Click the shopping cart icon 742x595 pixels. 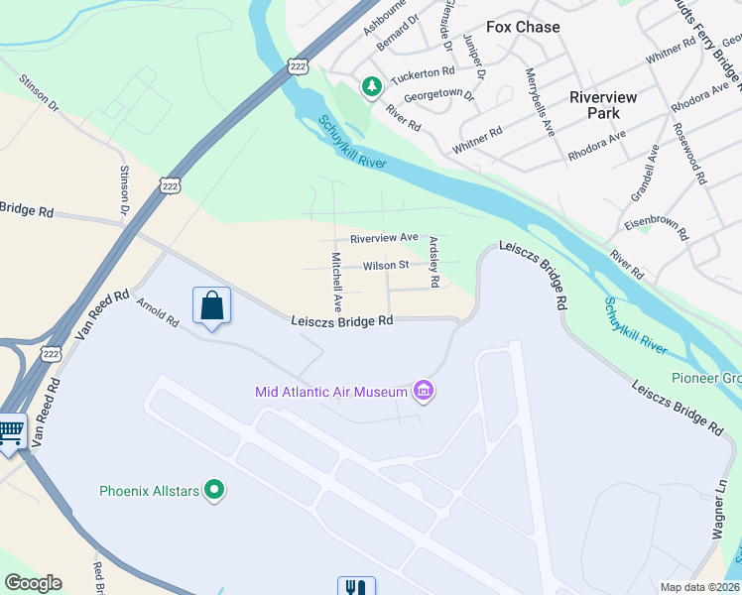pos(10,432)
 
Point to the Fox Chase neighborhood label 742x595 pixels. pos(523,27)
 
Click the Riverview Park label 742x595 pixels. pos(608,105)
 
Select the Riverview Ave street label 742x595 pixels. pos(384,238)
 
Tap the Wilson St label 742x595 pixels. pos(386,266)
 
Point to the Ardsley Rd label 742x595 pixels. pos(433,263)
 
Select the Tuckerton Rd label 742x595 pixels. pos(421,71)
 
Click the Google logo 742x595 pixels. pos(33,583)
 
